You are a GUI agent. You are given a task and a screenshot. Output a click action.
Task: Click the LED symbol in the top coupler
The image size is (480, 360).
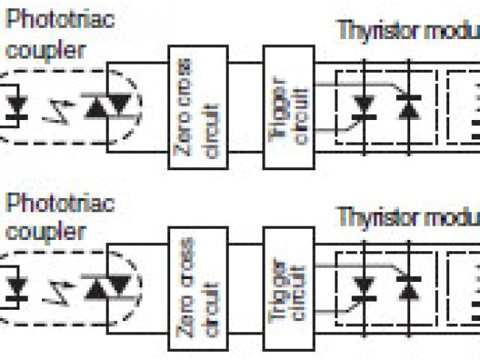(16, 106)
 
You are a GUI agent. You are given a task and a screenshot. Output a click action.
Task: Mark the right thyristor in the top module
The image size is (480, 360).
(409, 107)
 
